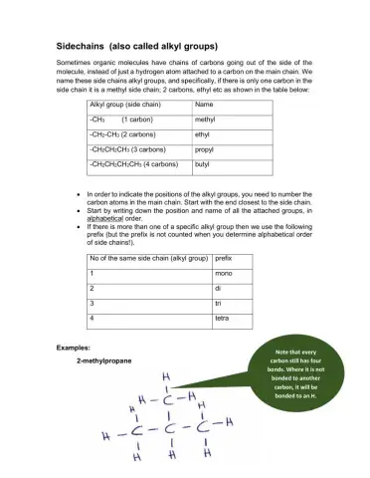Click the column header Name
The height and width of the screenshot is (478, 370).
[x=205, y=104]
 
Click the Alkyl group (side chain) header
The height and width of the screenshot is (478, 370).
[x=125, y=104]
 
